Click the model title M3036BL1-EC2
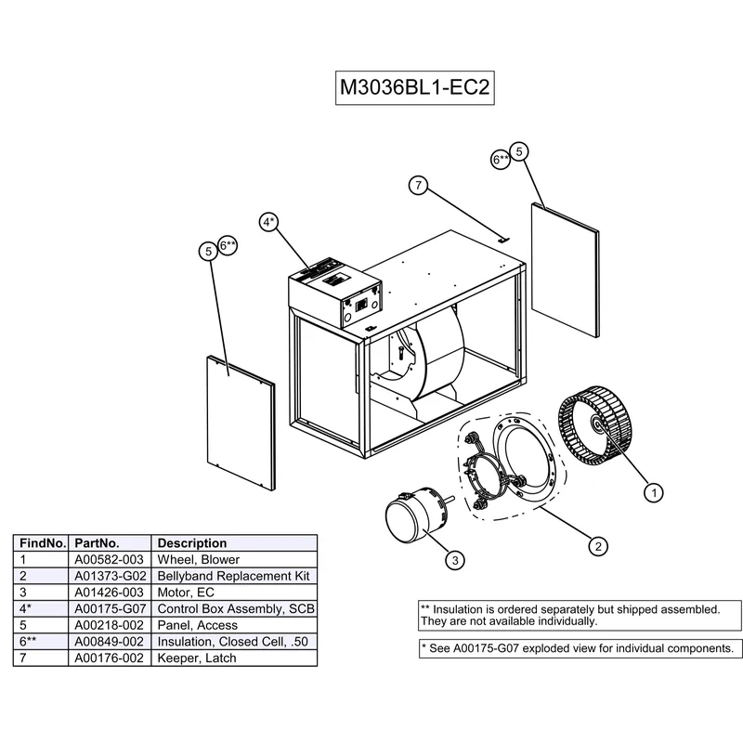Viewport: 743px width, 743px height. pos(414,87)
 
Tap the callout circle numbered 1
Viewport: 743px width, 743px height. pos(654,493)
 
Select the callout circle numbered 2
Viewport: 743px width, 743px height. pos(598,546)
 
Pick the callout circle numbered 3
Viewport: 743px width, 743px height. pos(455,561)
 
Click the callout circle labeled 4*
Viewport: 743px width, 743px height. pos(268,222)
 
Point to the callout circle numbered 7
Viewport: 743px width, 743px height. pos(418,185)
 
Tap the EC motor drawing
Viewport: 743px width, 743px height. pos(416,515)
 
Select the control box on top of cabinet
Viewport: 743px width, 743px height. pos(335,293)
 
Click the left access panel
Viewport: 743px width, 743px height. pos(241,423)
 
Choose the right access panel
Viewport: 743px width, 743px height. pos(565,269)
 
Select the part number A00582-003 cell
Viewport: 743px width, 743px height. pos(110,560)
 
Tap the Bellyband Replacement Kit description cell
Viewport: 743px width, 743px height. pos(234,576)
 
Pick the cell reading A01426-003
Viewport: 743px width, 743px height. pos(110,593)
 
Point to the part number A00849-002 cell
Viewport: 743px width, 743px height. pos(110,642)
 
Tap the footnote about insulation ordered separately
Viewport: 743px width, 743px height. pos(580,615)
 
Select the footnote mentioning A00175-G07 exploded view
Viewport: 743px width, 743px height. pos(580,648)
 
